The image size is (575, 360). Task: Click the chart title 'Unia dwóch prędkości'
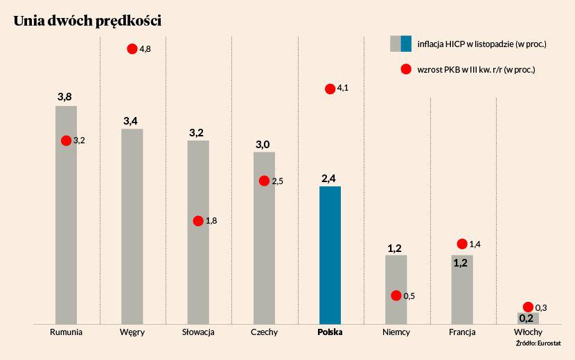[x=87, y=22]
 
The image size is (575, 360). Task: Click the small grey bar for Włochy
[x=528, y=318]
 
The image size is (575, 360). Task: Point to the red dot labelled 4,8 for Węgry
[x=132, y=48]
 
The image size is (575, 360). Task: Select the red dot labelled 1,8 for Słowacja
[x=198, y=221]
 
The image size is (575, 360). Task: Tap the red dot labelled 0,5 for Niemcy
[x=396, y=296]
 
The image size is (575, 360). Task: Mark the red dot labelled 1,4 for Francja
[x=462, y=244]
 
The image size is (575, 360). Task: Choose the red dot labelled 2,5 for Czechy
[x=264, y=181]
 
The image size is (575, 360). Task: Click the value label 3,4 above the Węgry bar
[x=131, y=122]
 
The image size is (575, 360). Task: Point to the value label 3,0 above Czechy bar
[x=263, y=145]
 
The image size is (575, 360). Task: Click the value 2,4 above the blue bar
[x=329, y=179]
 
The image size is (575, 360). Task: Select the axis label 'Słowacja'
[x=198, y=332]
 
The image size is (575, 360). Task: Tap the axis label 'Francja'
[x=462, y=332]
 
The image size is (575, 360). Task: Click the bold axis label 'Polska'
[x=330, y=332]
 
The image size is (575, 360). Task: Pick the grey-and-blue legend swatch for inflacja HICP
[x=401, y=44]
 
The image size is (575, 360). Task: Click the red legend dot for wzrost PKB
[x=407, y=69]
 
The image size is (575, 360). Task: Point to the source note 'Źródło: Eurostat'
[x=538, y=343]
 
